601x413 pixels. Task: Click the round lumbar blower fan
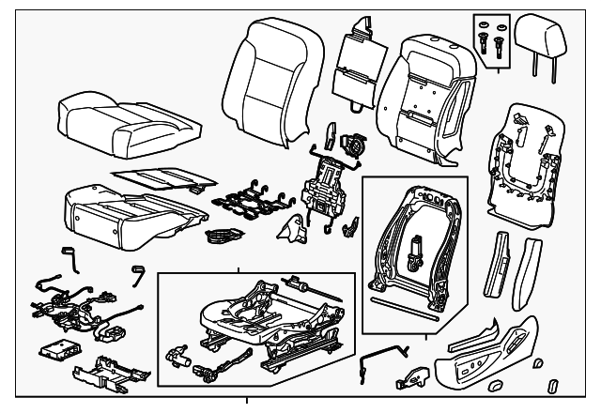355,145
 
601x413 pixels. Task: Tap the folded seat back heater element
358,61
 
